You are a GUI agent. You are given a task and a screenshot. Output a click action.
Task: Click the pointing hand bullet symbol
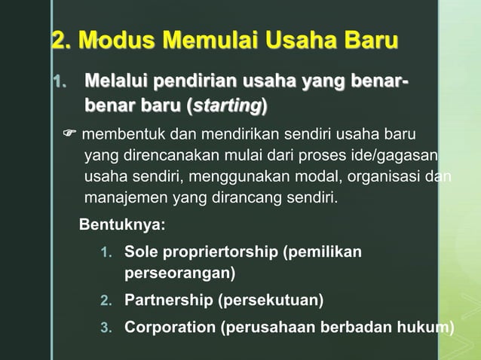click(69, 136)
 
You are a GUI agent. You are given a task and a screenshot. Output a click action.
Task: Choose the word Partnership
click(168, 301)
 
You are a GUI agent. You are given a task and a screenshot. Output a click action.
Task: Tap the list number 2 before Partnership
click(106, 301)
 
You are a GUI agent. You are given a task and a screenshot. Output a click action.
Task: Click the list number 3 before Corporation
click(106, 328)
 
